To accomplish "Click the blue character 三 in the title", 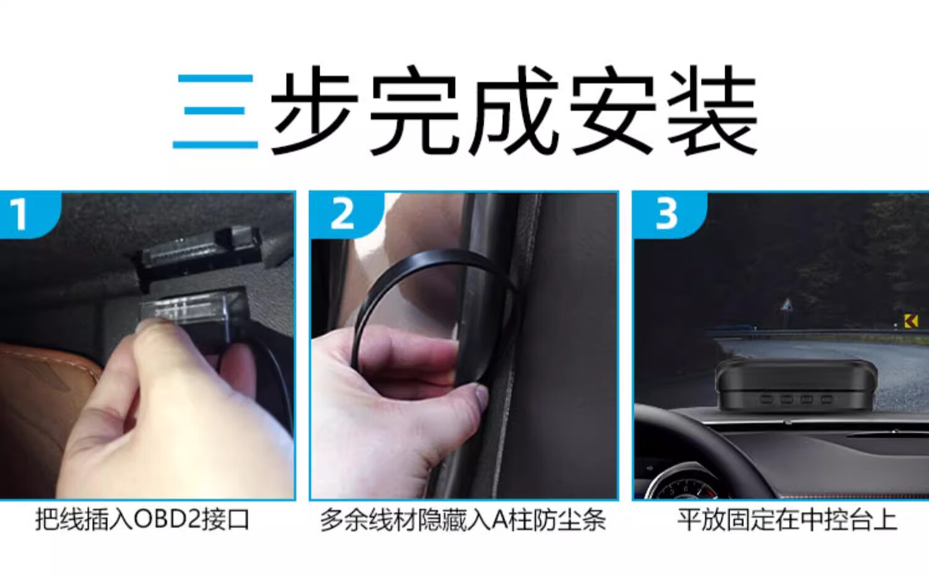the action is point(216,111).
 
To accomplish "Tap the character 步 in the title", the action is point(314,112).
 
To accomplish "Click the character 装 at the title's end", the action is point(712,112).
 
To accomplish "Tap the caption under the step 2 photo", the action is point(463,520).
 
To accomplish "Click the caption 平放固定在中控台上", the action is point(787,520).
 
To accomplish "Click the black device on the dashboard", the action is point(795,386).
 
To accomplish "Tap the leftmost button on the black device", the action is point(766,400).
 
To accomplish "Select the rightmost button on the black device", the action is point(827,400).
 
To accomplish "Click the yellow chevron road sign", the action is point(911,321).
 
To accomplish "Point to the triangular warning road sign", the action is point(787,306).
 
